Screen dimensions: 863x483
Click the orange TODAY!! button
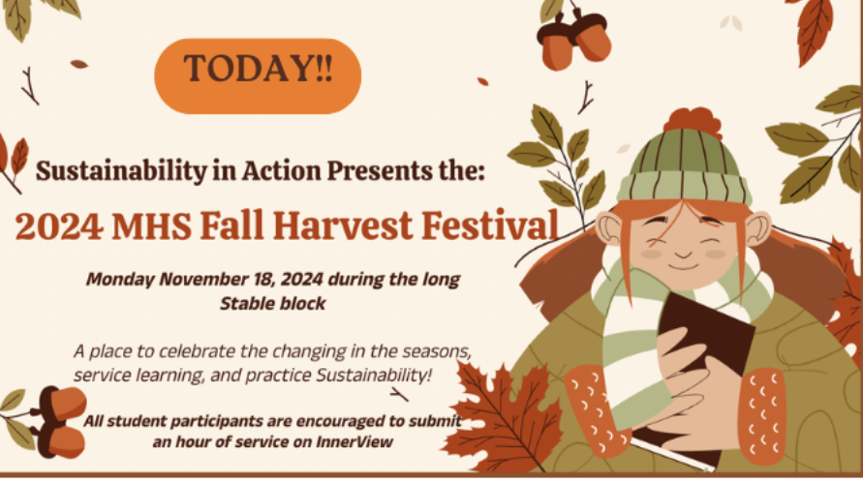click(258, 75)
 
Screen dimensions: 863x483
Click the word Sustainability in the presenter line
click(121, 171)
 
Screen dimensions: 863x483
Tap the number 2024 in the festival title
click(59, 226)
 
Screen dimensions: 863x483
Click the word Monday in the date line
click(120, 280)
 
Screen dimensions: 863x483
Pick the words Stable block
click(272, 303)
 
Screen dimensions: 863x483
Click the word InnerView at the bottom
click(354, 441)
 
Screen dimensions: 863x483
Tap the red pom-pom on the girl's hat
click(693, 122)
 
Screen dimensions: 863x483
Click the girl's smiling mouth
click(683, 267)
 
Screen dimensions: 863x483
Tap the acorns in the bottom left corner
click(59, 422)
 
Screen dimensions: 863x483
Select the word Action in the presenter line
click(281, 170)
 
